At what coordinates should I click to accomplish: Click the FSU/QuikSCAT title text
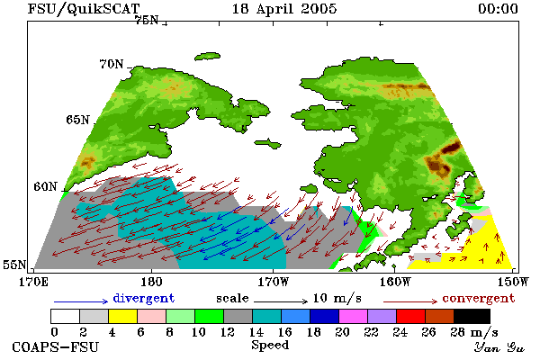tap(84, 9)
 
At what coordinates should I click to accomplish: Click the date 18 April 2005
tap(284, 9)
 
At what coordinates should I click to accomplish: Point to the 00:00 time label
tap(498, 9)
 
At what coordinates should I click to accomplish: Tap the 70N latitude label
tap(112, 64)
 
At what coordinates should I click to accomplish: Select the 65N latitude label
tap(77, 120)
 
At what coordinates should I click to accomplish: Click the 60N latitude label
tap(45, 186)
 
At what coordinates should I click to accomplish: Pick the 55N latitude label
tap(14, 265)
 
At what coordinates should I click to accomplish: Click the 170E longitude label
tap(33, 282)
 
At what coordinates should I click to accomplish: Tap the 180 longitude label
tap(151, 282)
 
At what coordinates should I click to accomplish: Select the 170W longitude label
tap(273, 282)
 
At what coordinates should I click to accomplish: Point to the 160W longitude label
tap(395, 282)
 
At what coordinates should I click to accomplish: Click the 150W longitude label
tap(513, 282)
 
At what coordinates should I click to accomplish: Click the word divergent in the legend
tap(144, 298)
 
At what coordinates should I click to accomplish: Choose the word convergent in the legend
tap(479, 298)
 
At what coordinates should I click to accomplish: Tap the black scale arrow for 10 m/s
tap(281, 301)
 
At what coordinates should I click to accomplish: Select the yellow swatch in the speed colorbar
tap(122, 316)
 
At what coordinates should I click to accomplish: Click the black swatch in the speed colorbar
tap(472, 316)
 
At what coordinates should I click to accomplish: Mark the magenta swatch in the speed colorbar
tap(354, 316)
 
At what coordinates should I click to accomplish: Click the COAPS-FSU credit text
tap(55, 346)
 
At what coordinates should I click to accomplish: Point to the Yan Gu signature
tap(499, 347)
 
